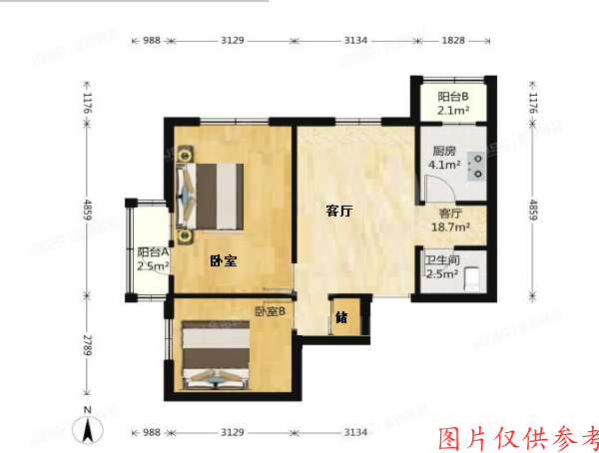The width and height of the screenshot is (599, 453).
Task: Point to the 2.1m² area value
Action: (453, 111)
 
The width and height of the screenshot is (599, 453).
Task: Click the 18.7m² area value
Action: (451, 227)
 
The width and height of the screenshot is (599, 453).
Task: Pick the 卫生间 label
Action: (441, 259)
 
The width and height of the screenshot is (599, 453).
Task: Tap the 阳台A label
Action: (153, 252)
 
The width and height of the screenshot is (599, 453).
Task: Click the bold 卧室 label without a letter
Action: (223, 261)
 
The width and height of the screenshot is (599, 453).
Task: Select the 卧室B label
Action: (270, 311)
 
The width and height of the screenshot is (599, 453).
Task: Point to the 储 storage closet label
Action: (341, 318)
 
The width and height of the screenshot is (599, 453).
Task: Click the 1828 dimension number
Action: (453, 40)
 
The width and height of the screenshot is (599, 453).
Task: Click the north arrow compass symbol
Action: (90, 429)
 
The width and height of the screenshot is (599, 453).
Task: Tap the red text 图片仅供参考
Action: (519, 437)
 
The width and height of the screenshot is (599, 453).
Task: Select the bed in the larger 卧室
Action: (212, 194)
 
